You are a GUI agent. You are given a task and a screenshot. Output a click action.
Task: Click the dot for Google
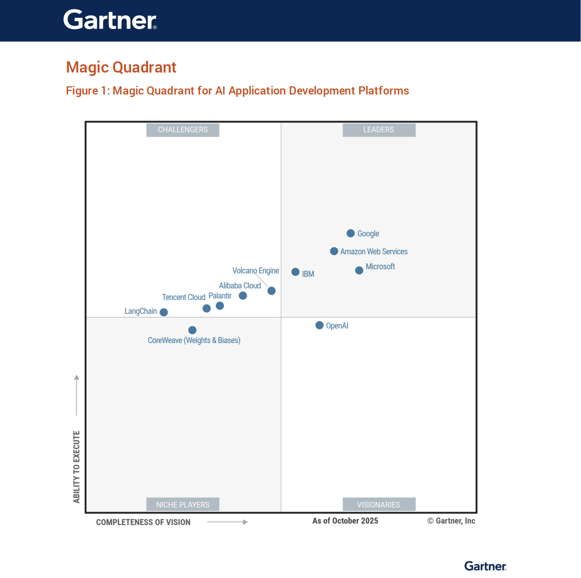pyautogui.click(x=351, y=233)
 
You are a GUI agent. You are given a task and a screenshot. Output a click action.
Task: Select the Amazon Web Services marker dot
pyautogui.click(x=334, y=251)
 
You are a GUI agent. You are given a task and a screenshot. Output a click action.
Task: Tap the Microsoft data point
pyautogui.click(x=359, y=271)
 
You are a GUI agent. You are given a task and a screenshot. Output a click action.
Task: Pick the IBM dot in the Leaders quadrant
pyautogui.click(x=296, y=272)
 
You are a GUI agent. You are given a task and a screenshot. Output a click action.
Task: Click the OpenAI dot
pyautogui.click(x=320, y=325)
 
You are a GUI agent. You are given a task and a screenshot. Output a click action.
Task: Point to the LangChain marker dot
pyautogui.click(x=164, y=312)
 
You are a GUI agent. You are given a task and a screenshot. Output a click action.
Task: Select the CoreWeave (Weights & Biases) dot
pyautogui.click(x=192, y=330)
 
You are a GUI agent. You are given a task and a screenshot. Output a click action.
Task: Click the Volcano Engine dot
pyautogui.click(x=271, y=291)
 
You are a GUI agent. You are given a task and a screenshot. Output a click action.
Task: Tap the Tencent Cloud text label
pyautogui.click(x=183, y=297)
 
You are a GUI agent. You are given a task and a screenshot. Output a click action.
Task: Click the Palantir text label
pyautogui.click(x=220, y=296)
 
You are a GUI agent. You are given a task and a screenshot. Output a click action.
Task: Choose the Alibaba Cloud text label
pyautogui.click(x=240, y=285)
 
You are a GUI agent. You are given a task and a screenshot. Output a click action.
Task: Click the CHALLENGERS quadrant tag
pyautogui.click(x=183, y=130)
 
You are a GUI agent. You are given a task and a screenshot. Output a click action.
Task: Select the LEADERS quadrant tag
pyautogui.click(x=379, y=130)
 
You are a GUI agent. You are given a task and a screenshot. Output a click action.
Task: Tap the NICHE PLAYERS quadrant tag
pyautogui.click(x=183, y=505)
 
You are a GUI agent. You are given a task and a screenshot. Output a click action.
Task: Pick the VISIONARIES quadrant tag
pyautogui.click(x=379, y=505)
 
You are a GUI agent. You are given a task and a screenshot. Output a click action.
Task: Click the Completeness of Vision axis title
pyautogui.click(x=143, y=522)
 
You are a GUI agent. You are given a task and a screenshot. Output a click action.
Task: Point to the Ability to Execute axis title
pyautogui.click(x=76, y=467)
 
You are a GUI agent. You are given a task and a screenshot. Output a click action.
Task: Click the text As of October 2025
pyautogui.click(x=345, y=521)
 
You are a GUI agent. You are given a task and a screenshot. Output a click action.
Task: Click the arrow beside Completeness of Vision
pyautogui.click(x=227, y=522)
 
